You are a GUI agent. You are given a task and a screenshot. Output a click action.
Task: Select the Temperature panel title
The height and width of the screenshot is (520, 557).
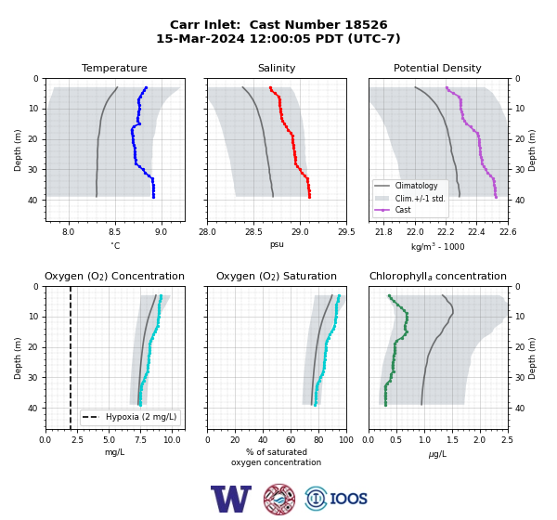[114, 68]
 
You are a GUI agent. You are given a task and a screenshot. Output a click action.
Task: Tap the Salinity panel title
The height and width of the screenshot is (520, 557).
[277, 68]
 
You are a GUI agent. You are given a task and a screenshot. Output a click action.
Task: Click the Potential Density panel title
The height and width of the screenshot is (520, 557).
[437, 68]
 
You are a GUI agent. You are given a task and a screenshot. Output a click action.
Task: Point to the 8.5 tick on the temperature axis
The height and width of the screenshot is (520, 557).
[114, 232]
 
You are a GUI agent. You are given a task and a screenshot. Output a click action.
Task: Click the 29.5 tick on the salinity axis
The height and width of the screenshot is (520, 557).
[346, 232]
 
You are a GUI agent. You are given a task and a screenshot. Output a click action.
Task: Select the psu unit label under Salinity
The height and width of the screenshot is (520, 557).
[277, 244]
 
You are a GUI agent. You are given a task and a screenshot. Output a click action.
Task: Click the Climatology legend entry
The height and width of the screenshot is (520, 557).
[416, 186]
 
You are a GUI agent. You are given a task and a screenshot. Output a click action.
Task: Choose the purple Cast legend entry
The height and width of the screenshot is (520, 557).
[403, 210]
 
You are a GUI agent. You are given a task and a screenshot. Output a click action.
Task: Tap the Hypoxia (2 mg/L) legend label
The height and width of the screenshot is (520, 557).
[141, 417]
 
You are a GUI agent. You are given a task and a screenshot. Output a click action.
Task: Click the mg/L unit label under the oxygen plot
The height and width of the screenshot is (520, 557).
[114, 452]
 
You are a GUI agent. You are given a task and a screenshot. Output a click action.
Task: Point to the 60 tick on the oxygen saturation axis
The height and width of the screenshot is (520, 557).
[291, 440]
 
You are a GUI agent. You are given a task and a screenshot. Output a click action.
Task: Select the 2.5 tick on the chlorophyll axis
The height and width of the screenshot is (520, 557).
[507, 440]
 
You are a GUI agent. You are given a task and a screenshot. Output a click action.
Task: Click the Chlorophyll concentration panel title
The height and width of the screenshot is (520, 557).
[437, 276]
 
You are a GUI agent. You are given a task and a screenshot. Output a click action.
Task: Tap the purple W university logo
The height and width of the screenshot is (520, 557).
[231, 499]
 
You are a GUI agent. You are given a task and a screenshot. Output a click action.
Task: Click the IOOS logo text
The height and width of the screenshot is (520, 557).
[348, 499]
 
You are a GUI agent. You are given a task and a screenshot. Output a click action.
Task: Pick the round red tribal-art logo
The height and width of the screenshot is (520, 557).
[279, 499]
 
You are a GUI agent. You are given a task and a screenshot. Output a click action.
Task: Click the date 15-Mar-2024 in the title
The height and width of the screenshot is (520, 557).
[201, 38]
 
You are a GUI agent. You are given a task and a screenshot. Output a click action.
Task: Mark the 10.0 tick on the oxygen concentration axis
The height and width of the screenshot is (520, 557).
[172, 440]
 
